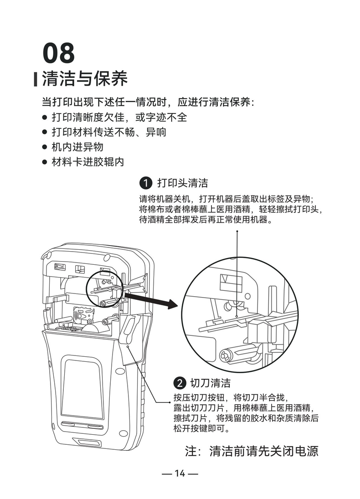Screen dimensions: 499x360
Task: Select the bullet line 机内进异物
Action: coord(77,147)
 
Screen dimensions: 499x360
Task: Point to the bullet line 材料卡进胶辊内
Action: coord(87,161)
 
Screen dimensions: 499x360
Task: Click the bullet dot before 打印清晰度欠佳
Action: coord(45,118)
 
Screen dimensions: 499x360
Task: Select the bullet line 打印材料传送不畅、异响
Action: coord(108,132)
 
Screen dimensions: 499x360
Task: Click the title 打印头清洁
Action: coord(182,183)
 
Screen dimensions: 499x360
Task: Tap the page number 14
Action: coord(180,473)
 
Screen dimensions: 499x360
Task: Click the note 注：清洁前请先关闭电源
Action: coord(252,451)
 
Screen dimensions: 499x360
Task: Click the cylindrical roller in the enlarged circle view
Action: coord(237,355)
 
